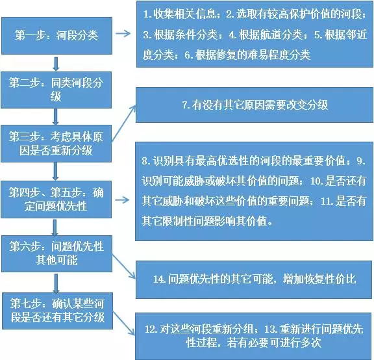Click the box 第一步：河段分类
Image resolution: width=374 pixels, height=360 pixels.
click(x=56, y=36)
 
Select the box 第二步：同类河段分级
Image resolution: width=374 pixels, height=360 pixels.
click(x=56, y=90)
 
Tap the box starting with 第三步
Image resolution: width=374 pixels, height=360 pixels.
click(x=56, y=144)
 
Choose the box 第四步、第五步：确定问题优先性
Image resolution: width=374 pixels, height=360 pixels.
click(x=56, y=199)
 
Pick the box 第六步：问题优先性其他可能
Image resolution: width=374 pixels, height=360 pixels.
click(x=56, y=253)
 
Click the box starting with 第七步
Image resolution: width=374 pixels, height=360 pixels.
click(x=58, y=311)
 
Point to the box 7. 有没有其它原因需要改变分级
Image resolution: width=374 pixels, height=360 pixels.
click(x=255, y=105)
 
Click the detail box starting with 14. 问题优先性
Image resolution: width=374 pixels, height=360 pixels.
click(x=254, y=279)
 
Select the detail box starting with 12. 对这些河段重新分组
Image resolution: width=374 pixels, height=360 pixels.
click(x=254, y=336)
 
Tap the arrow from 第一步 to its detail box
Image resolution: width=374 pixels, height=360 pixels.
click(x=123, y=33)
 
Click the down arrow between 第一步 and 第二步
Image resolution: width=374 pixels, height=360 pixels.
click(x=56, y=64)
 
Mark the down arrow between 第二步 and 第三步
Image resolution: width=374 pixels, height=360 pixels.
click(x=56, y=117)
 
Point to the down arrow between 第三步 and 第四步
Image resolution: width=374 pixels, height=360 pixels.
click(x=56, y=171)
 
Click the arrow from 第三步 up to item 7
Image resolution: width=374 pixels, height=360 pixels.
click(x=124, y=123)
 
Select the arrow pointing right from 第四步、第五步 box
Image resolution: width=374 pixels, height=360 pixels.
click(x=122, y=200)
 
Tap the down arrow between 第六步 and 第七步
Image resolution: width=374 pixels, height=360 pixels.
click(x=56, y=283)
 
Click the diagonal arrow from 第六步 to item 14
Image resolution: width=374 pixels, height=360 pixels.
click(x=123, y=266)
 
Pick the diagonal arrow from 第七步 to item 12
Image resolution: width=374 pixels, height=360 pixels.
click(x=124, y=323)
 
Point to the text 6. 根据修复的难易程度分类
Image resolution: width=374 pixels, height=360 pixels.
click(x=247, y=55)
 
